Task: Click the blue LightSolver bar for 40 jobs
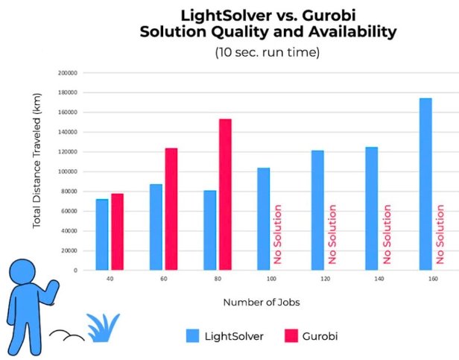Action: point(101,234)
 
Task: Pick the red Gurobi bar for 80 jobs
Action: point(225,194)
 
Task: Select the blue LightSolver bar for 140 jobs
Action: point(371,208)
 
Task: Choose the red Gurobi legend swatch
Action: point(291,336)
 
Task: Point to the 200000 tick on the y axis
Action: point(68,73)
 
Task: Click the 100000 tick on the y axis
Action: point(68,171)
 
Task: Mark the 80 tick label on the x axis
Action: point(217,279)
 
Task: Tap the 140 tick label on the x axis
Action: point(379,279)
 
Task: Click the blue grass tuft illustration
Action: point(103,329)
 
